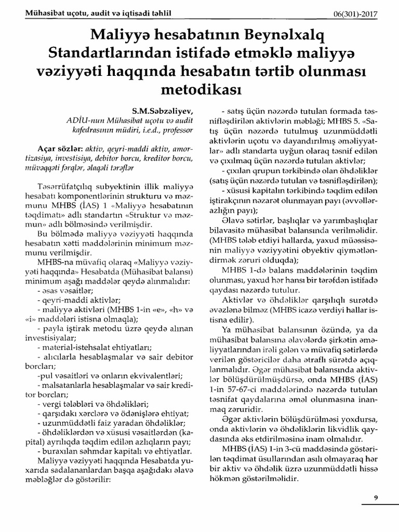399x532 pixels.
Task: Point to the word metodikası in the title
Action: point(199,89)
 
